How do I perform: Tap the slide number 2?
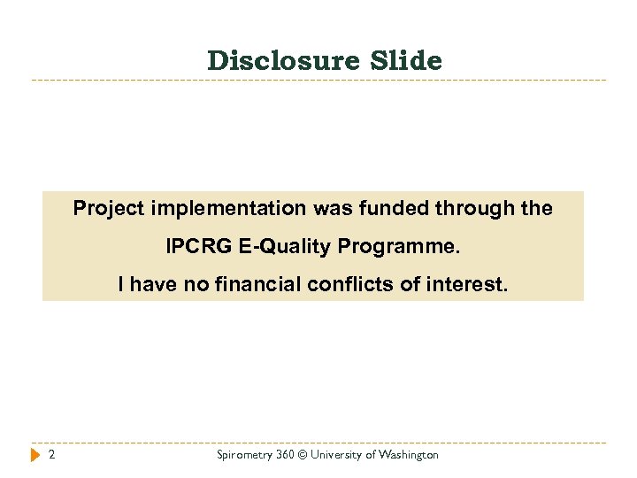coord(52,455)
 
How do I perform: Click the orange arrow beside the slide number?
coord(35,455)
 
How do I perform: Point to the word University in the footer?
coord(341,455)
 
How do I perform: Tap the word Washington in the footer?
coord(409,455)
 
